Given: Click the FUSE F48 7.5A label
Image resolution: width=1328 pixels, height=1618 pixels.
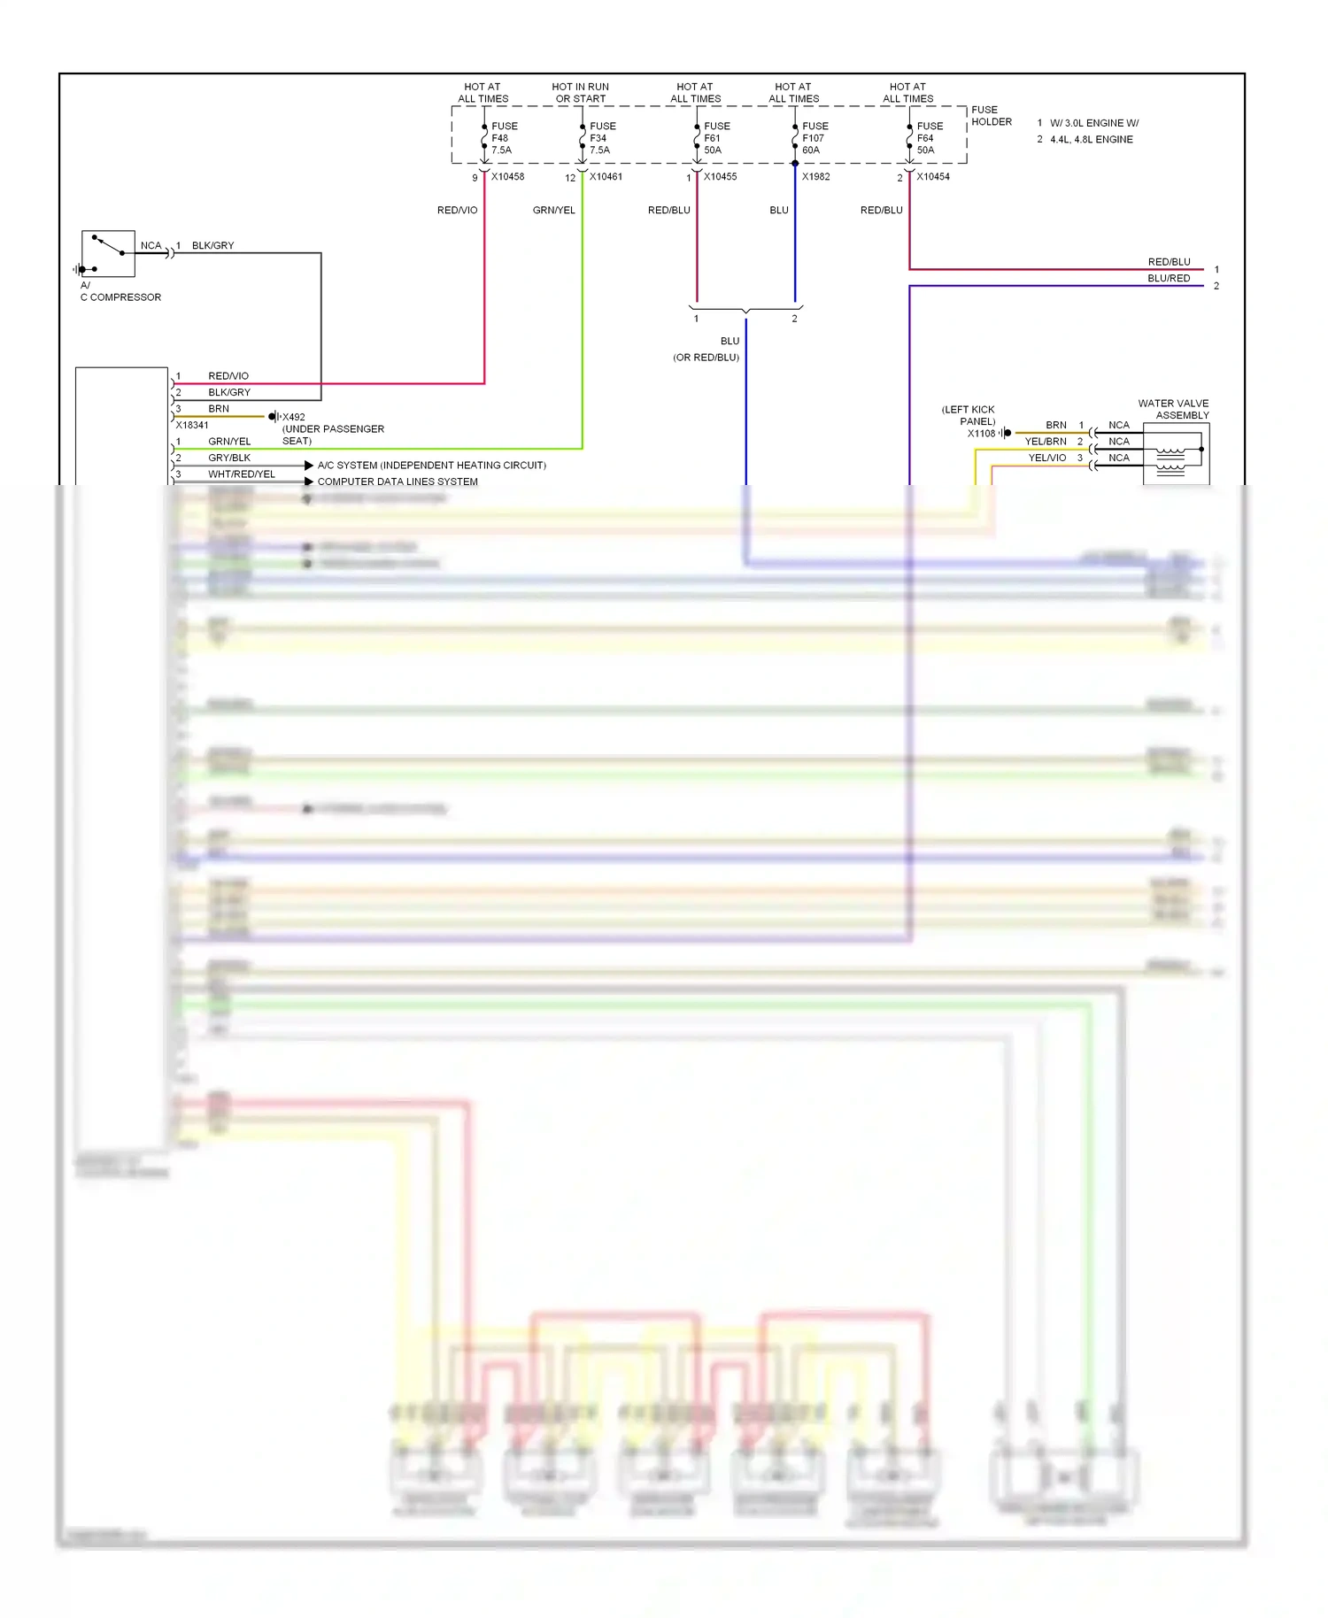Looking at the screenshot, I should (x=504, y=138).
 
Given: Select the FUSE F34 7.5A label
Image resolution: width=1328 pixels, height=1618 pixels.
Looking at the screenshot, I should (x=602, y=138).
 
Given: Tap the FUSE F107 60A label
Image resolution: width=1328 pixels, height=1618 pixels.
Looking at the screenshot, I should (x=815, y=138).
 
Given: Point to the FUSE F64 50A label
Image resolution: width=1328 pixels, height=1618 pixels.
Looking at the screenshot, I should (x=929, y=138).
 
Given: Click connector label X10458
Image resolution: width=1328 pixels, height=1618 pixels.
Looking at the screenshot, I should (x=507, y=177).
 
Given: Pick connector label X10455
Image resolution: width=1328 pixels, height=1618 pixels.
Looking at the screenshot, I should (x=720, y=177).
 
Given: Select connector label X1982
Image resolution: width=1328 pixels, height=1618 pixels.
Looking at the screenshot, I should (x=815, y=177).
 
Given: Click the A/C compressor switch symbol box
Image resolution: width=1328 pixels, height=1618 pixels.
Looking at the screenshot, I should (x=108, y=254).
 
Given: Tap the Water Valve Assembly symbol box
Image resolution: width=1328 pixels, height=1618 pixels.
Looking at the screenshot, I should (x=1176, y=453).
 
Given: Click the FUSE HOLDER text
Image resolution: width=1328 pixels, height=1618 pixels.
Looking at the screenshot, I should (x=991, y=116).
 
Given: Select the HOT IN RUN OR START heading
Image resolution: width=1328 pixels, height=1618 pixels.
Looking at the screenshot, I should (x=581, y=93).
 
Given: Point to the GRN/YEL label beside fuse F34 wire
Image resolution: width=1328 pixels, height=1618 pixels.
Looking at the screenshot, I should (x=553, y=211).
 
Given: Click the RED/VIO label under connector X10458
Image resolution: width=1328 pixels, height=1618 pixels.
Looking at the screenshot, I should (x=457, y=211).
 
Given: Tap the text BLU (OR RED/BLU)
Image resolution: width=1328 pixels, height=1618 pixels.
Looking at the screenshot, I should (x=708, y=350).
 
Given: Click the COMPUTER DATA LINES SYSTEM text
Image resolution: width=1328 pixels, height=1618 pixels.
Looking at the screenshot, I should (x=398, y=482).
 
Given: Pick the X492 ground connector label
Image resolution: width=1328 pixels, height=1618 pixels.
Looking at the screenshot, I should (x=293, y=417).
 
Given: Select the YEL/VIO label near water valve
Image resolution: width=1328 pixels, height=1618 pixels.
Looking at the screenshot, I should (x=1046, y=458).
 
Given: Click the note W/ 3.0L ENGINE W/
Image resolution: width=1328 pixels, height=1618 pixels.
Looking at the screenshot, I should (x=1093, y=123).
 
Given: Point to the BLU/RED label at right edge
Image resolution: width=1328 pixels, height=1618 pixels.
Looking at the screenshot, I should (x=1169, y=278).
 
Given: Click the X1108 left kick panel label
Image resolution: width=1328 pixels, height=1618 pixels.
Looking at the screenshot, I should (x=980, y=434).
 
